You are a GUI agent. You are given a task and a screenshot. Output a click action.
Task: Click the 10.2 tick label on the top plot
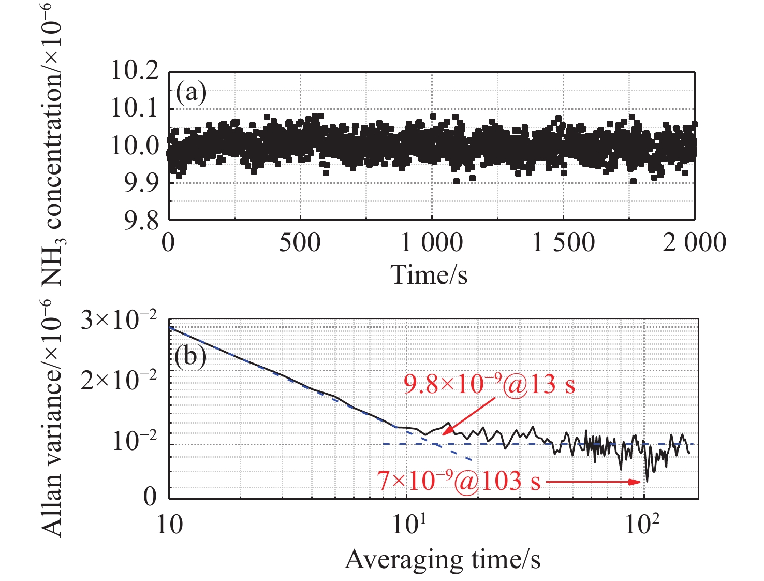click(135, 70)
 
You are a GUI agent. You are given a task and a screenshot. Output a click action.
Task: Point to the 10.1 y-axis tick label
click(135, 108)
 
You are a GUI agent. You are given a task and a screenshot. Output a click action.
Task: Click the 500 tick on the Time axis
click(300, 242)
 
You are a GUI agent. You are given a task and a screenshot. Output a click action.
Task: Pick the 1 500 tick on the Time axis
click(564, 242)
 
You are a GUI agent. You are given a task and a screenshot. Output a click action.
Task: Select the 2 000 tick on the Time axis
click(694, 242)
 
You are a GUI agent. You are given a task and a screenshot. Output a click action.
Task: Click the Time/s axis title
click(429, 274)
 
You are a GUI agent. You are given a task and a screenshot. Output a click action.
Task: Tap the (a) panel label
click(191, 93)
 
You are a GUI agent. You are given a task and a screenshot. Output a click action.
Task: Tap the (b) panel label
click(190, 356)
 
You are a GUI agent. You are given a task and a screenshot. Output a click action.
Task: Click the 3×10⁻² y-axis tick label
click(119, 322)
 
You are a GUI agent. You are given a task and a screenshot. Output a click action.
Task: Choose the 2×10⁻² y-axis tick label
click(119, 382)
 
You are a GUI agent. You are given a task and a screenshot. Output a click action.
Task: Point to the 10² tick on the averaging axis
click(643, 524)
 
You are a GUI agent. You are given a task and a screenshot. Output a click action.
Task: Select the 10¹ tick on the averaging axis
click(407, 524)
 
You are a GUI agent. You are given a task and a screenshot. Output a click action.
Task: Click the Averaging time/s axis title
click(443, 560)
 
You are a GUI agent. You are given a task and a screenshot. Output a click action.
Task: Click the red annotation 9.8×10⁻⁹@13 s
click(489, 384)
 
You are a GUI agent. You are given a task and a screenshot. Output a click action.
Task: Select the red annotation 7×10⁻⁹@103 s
click(458, 481)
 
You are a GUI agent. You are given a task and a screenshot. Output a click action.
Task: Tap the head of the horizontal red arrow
click(638, 482)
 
